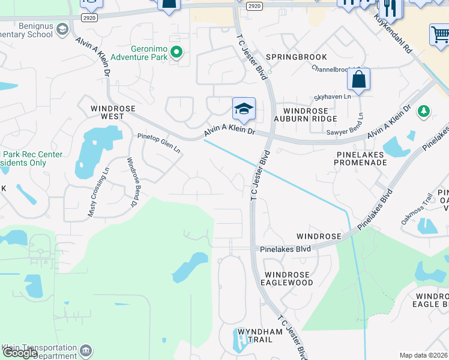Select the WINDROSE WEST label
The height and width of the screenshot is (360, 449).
coord(113,113)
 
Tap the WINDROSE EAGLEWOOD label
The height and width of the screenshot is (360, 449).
coord(289,278)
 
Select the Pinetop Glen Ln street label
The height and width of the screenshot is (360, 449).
coord(158,143)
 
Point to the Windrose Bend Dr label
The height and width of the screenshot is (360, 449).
coord(130,182)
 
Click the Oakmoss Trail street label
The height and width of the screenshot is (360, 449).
coord(418,205)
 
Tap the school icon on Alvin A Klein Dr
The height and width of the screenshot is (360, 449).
coord(244,109)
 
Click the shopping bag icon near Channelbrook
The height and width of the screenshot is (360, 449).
coord(358,80)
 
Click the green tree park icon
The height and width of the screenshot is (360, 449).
coord(424,111)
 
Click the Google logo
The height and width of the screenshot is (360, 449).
coord(20,353)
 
